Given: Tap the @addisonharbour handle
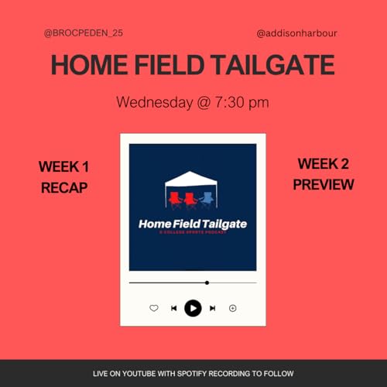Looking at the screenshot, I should pos(296,34).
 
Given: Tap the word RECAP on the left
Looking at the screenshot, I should pos(63,187).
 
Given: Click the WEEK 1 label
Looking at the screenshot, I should pos(63,166).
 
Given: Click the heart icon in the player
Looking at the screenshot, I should pos(153,308).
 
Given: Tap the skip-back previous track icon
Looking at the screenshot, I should pos(173,308).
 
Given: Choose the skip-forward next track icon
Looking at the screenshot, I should pos(213,308).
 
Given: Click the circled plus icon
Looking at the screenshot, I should pos(233,308).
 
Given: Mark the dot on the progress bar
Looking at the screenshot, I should pos(207,283).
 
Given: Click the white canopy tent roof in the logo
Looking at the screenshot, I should pos(191,180).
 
